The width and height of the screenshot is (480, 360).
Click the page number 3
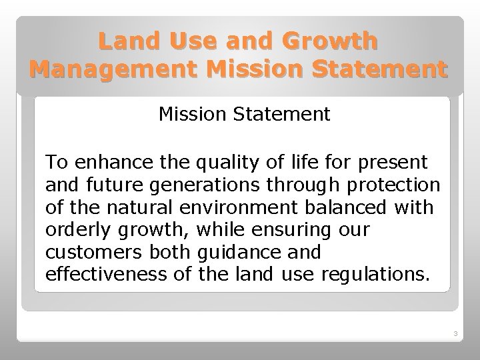[455, 333]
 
